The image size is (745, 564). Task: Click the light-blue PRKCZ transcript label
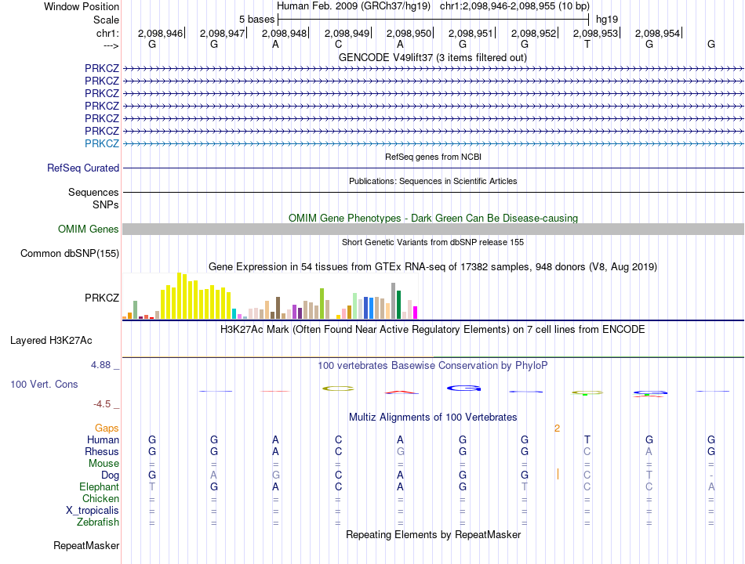tap(102, 143)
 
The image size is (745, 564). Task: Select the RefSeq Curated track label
tap(83, 168)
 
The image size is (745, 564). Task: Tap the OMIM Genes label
tap(89, 230)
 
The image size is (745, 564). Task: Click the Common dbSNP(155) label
tap(70, 254)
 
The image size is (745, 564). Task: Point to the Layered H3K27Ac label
tap(51, 341)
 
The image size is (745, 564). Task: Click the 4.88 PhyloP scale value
tap(100, 365)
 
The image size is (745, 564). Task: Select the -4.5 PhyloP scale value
tap(102, 404)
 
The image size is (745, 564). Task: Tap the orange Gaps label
tap(107, 428)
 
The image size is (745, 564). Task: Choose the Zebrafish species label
tap(98, 522)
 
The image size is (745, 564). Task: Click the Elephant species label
tap(100, 487)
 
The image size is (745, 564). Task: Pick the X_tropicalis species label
tap(93, 511)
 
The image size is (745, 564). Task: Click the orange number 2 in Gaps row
tap(557, 428)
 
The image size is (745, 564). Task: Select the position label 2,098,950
tap(409, 33)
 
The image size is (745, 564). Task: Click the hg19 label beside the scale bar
tap(607, 20)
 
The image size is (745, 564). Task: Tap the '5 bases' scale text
tap(256, 20)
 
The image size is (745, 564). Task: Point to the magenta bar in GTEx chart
tap(416, 313)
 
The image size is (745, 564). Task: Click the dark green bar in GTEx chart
tap(399, 304)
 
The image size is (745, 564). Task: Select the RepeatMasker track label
tap(86, 546)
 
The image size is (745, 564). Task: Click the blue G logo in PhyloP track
tap(463, 389)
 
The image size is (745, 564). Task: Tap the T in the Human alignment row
tap(587, 439)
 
